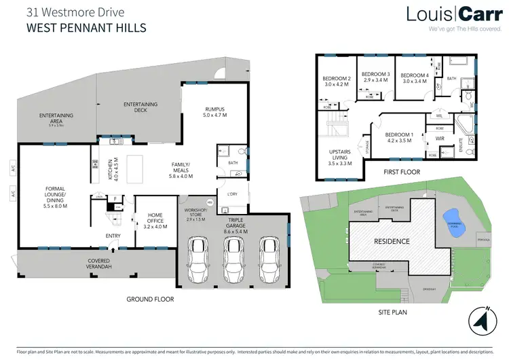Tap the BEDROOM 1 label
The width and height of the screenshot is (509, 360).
coord(400,138)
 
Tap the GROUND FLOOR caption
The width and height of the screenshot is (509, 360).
coord(150,299)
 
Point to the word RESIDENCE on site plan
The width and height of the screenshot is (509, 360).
coord(392,241)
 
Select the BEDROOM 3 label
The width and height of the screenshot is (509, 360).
coord(375,77)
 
